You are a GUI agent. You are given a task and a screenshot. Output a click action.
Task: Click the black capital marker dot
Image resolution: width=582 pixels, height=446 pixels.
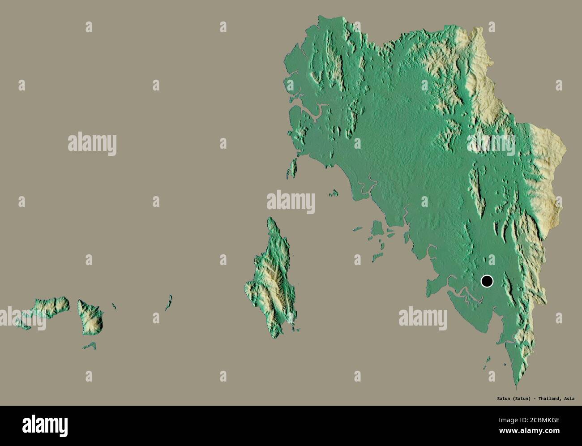(487, 281)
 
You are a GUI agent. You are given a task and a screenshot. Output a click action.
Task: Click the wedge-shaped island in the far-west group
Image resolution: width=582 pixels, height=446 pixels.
(91, 316)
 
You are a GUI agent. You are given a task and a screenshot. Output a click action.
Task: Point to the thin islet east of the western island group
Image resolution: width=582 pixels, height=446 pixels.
(168, 303)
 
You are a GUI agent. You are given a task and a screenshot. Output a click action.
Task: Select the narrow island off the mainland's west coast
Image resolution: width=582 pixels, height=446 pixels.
(294, 168)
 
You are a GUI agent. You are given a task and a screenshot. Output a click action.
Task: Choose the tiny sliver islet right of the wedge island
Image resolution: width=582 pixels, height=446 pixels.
(114, 306)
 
